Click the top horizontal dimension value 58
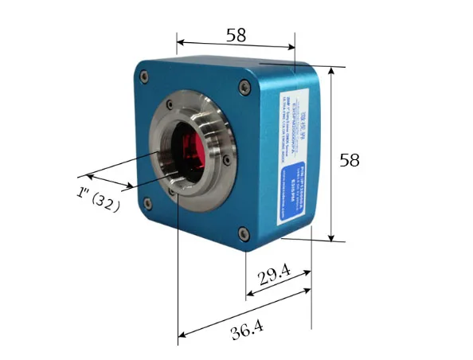tap(235, 34)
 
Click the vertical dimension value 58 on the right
tap(349, 160)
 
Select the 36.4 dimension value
tap(247, 329)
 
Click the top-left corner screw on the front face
tap(144, 76)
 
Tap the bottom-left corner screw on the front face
tap(148, 202)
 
